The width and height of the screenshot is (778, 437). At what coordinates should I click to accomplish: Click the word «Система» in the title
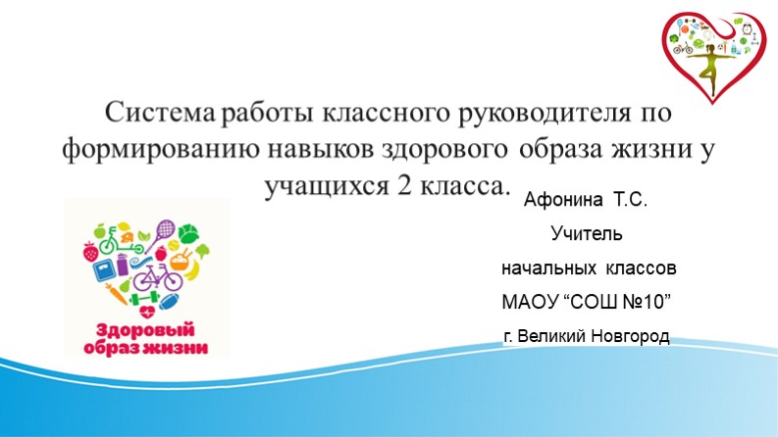[161, 114]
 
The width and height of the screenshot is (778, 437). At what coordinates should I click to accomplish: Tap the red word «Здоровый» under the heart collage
[146, 329]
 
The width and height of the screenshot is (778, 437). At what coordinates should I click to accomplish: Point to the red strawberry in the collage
[91, 251]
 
